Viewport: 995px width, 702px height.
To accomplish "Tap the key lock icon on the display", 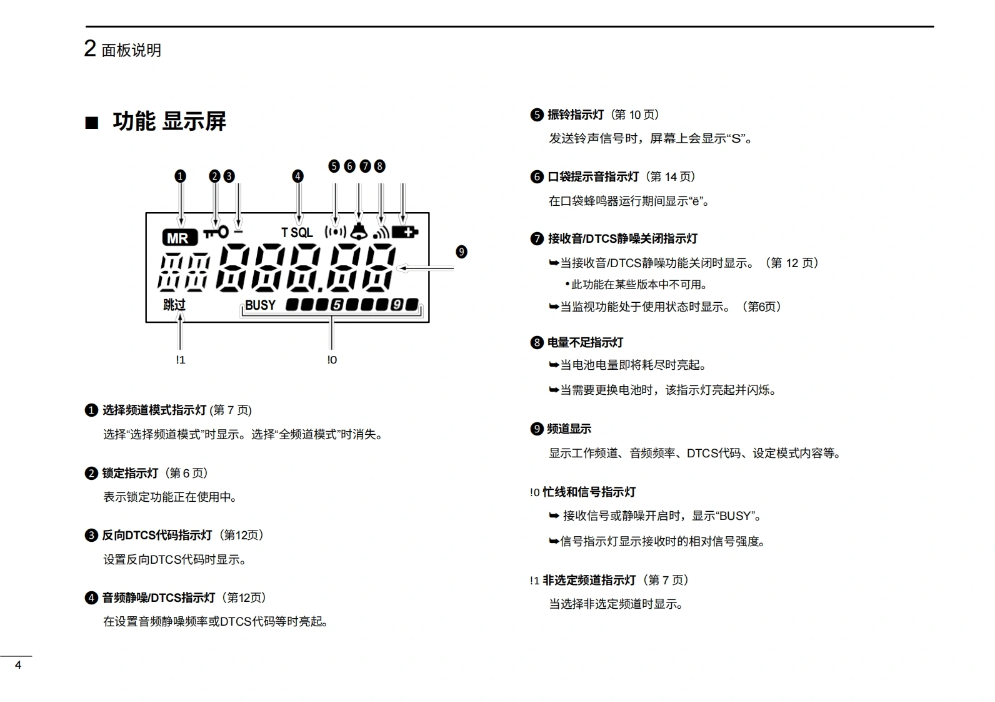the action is coord(216,233).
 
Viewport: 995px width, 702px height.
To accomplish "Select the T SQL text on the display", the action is coord(297,233).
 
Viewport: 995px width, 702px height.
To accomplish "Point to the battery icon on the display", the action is coord(405,233).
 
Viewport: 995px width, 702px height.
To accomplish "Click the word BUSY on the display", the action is coord(260,305).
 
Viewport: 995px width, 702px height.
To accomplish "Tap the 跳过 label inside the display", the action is coord(174,305).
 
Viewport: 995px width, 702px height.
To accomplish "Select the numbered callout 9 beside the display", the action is coord(461,252).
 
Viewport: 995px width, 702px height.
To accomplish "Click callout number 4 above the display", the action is coord(297,176).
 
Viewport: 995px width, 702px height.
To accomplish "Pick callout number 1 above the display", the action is coord(180,176).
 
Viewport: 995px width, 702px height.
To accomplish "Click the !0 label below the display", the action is coord(332,360).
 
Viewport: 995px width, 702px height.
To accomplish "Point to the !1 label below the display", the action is coord(180,360).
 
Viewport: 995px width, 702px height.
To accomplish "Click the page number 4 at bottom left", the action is coord(18,665).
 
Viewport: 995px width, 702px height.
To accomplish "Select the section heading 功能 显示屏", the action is coord(169,121).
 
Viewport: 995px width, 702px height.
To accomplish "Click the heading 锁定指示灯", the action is coord(130,473).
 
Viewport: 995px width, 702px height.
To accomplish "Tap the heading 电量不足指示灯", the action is coord(585,342).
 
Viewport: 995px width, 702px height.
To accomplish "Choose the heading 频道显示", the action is coord(569,429).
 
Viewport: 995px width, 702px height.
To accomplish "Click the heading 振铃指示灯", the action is coord(575,114).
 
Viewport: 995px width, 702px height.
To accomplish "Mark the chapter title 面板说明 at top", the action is coord(131,50).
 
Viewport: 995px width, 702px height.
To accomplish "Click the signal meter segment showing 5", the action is coord(337,305).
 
